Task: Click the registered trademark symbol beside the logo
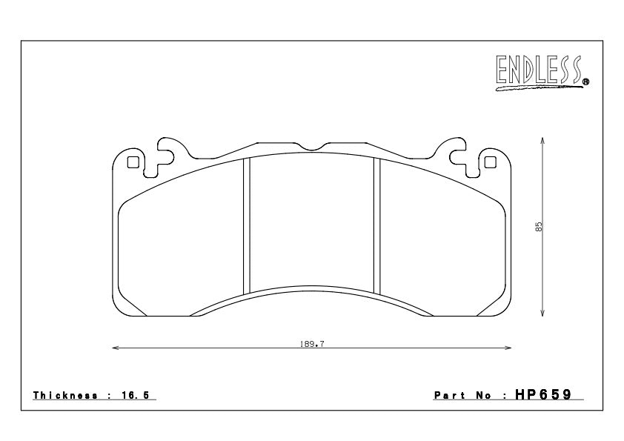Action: (585, 82)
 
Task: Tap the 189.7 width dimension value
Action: (312, 344)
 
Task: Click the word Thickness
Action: (65, 396)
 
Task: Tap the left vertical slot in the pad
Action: (248, 226)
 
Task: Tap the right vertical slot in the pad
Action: (376, 226)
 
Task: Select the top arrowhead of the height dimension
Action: (543, 140)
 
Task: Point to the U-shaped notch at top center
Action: (312, 145)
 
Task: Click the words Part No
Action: (463, 396)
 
